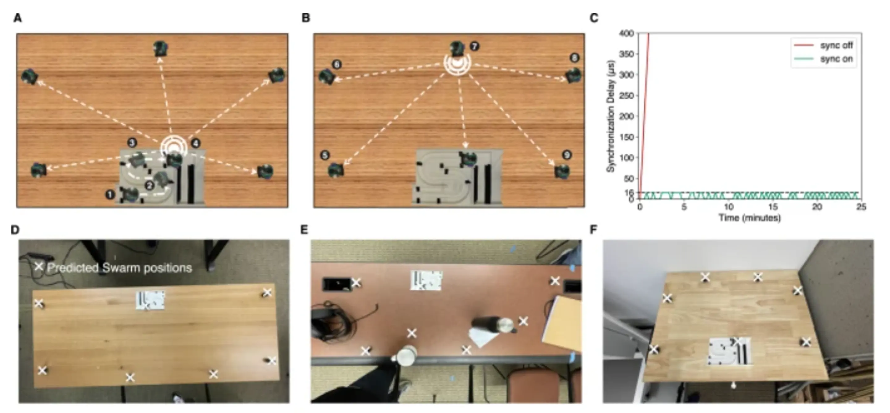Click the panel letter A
18,18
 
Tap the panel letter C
594,18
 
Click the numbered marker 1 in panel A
110,195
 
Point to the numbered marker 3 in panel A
132,142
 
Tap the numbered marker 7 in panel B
474,46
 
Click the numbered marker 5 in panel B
325,155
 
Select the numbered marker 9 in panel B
567,155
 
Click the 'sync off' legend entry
837,45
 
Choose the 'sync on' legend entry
837,59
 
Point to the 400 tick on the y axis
627,33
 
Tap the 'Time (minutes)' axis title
749,218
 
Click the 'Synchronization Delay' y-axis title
611,116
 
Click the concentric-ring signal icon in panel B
457,64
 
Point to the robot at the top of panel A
160,48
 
